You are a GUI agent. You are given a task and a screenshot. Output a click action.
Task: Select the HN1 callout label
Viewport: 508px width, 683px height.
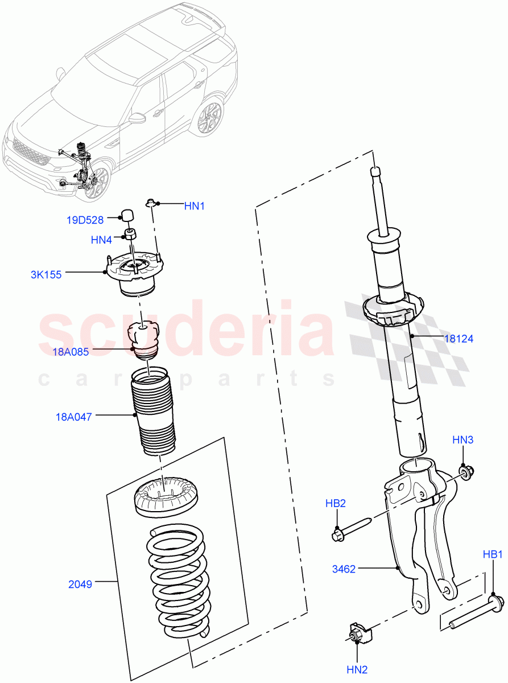tap(194, 206)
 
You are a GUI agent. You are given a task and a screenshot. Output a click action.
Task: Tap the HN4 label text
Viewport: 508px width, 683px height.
tap(102, 240)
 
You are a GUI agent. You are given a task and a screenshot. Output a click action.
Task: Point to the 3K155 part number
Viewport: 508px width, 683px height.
tap(47, 274)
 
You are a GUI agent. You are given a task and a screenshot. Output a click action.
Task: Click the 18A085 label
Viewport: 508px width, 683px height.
tap(71, 352)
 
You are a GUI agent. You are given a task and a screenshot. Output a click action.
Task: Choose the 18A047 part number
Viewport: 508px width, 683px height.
tap(74, 417)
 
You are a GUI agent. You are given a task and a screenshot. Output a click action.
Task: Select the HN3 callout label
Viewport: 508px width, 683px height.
tap(462, 439)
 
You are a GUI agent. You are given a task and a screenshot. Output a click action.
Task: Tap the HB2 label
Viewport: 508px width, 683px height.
tap(336, 503)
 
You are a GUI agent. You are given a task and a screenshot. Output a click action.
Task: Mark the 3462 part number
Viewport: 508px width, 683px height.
tap(345, 569)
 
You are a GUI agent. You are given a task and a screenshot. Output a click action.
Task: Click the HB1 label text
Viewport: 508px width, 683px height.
tap(493, 554)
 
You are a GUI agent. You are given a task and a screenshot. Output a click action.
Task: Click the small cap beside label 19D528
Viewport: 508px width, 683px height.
tap(126, 215)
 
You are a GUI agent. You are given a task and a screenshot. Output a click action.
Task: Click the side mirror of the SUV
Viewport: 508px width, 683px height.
tap(137, 118)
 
